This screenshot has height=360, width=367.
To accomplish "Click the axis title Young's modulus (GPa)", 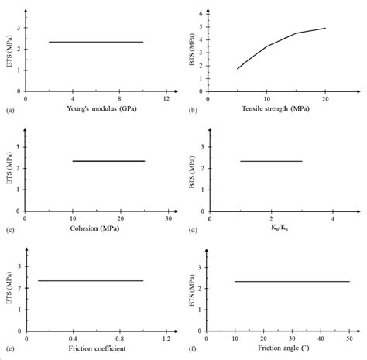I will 97,111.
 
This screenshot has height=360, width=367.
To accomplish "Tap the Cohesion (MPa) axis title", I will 97,230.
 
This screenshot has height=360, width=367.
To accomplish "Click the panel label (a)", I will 9,111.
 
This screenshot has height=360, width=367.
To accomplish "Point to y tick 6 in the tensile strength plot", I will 201,13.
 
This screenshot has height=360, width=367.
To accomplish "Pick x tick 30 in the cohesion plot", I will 167,219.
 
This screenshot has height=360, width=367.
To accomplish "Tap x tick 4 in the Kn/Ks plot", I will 333,219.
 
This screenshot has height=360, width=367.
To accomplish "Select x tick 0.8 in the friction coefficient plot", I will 120,338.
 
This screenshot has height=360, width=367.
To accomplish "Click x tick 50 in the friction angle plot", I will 348,338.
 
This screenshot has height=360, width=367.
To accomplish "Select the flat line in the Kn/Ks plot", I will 271,161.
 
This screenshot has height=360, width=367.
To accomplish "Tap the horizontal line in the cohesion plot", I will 108,161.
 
